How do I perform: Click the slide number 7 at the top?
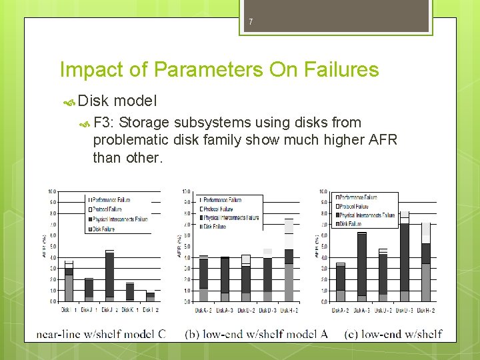coord(251,22)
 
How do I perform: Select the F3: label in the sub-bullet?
coord(105,123)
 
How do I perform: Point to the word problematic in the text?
coord(131,140)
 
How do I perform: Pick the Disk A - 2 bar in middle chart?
coord(204,278)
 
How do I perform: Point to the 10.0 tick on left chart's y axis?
coord(51,191)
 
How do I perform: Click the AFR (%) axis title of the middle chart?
coord(179,247)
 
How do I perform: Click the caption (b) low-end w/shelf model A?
coord(256,333)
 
